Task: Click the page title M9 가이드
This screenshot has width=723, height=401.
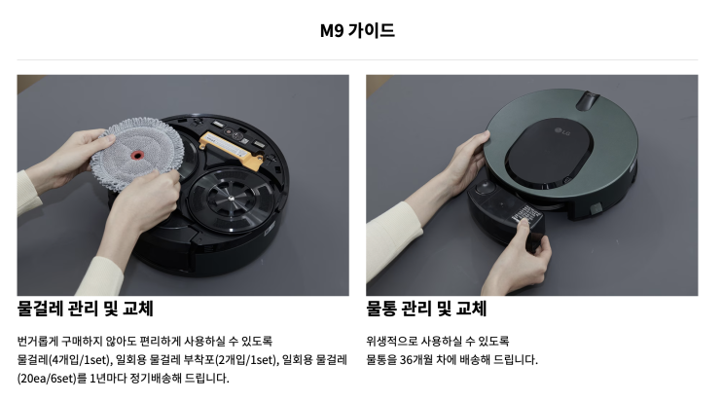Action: pyautogui.click(x=358, y=30)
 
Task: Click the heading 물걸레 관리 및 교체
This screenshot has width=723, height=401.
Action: pyautogui.click(x=86, y=310)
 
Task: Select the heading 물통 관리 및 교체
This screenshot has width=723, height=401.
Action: pyautogui.click(x=426, y=310)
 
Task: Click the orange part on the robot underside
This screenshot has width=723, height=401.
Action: pyautogui.click(x=233, y=147)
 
